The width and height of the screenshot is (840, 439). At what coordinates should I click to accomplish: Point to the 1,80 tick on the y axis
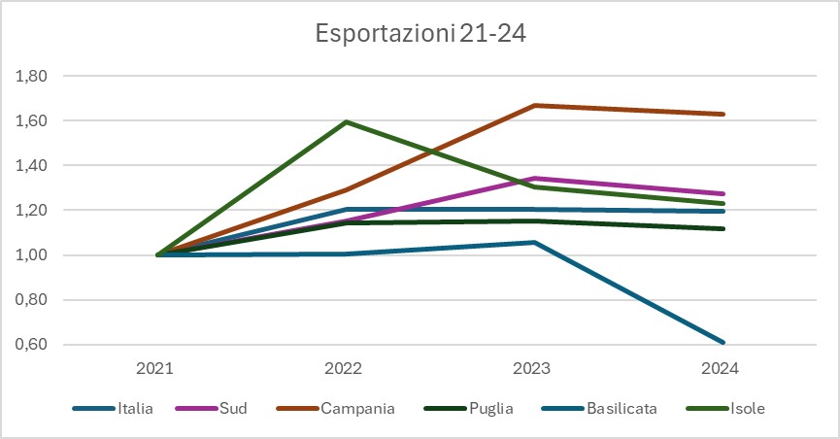pyautogui.click(x=33, y=76)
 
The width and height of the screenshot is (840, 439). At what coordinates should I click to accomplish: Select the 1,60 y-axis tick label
pyautogui.click(x=33, y=120)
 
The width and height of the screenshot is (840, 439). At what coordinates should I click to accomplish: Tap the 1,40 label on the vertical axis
pyautogui.click(x=33, y=165)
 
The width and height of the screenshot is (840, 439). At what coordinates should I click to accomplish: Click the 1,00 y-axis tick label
pyautogui.click(x=33, y=255)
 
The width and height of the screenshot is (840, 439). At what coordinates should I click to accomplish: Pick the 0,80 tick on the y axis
pyautogui.click(x=33, y=300)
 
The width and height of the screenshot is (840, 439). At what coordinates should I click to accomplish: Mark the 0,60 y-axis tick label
pyautogui.click(x=33, y=345)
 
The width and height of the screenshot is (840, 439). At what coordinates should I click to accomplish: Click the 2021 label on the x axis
pyautogui.click(x=155, y=369)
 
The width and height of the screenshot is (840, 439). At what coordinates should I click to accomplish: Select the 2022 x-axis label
pyautogui.click(x=344, y=369)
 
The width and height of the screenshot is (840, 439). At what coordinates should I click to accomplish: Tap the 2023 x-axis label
pyautogui.click(x=532, y=369)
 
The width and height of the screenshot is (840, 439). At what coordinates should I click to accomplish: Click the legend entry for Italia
pyautogui.click(x=134, y=409)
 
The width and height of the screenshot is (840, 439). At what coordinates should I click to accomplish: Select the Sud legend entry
pyautogui.click(x=233, y=409)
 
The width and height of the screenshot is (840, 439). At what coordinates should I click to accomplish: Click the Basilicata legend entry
pyautogui.click(x=622, y=409)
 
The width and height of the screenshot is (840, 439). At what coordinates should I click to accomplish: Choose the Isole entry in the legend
pyautogui.click(x=748, y=409)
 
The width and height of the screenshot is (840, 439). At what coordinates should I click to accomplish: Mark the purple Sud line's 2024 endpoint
pyautogui.click(x=721, y=193)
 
